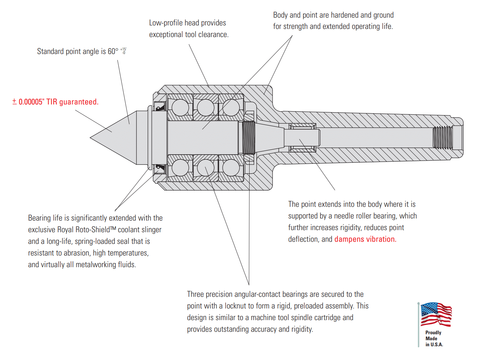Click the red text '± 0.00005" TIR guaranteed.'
(55, 102)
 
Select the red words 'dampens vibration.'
(365, 239)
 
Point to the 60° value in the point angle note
(113, 52)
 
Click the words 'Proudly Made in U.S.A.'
(434, 339)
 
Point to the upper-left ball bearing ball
(180, 107)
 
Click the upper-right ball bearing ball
(231, 107)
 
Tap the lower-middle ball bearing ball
(206, 168)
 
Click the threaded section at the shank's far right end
(443, 137)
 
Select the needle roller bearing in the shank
(303, 138)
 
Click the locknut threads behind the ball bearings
(249, 137)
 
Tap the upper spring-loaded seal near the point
(160, 106)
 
